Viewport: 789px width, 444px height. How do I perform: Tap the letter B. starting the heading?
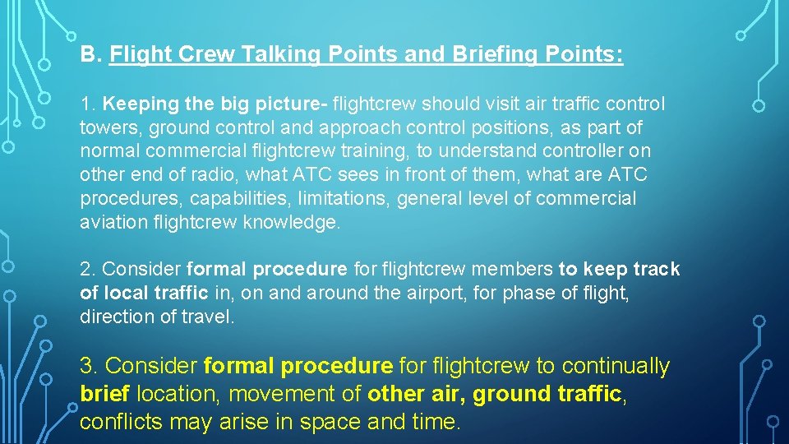click(x=90, y=56)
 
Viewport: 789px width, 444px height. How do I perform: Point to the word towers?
click(x=105, y=128)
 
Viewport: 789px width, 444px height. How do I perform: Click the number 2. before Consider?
click(x=88, y=270)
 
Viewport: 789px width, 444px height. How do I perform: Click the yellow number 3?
click(x=90, y=366)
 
